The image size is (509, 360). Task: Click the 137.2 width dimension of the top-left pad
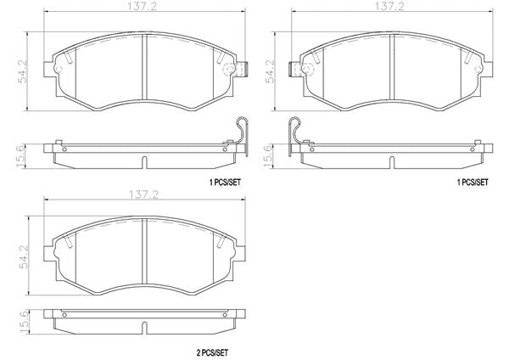[142, 7]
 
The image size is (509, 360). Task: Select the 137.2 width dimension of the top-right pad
[389, 7]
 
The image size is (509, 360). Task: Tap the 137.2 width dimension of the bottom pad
[144, 194]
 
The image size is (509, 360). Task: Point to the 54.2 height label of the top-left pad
[24, 71]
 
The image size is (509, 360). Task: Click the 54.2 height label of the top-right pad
[271, 71]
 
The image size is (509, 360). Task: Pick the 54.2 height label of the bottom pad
[25, 257]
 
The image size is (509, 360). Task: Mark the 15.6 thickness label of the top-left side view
[20, 156]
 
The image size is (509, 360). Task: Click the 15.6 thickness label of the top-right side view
[268, 156]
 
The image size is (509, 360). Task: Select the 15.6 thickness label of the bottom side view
[25, 322]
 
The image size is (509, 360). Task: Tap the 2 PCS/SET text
[212, 352]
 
